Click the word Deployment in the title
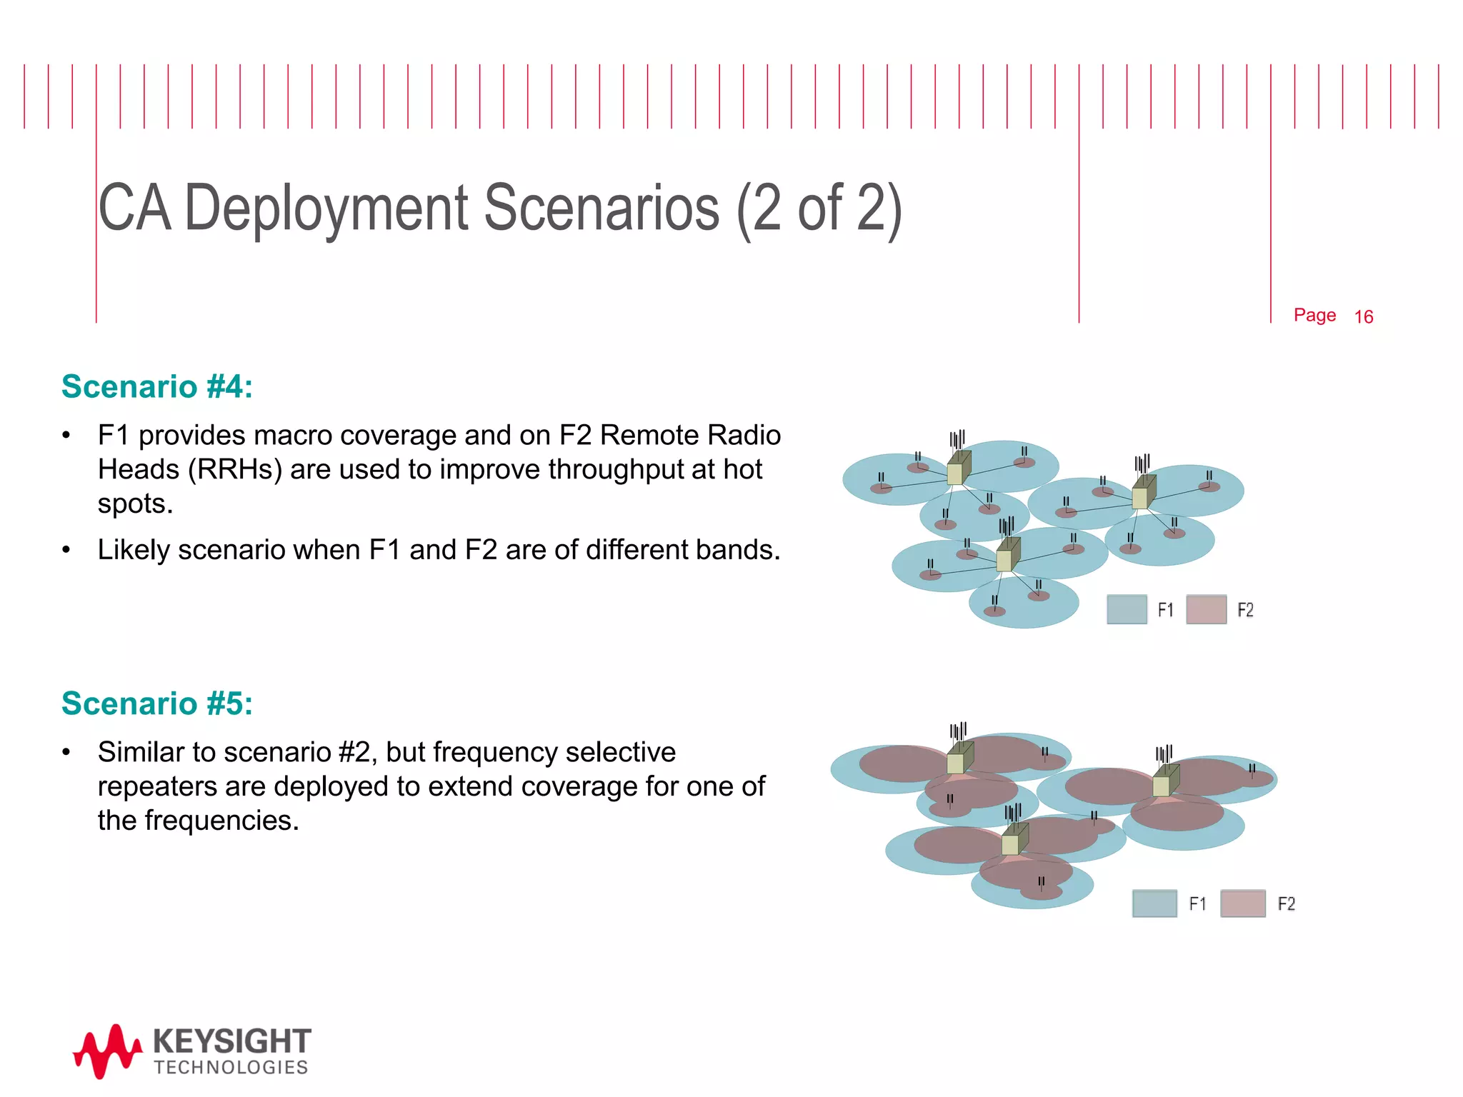tap(326, 209)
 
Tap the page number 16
tap(1363, 317)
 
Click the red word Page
tap(1314, 315)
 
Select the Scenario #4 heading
tap(157, 386)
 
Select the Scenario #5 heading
tap(157, 703)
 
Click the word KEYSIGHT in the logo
tap(231, 1042)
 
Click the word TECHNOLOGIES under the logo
tap(231, 1068)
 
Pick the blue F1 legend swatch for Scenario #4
tap(1127, 609)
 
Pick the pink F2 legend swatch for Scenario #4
tap(1206, 609)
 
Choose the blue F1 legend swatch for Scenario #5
tap(1154, 903)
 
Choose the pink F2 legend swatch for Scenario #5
tap(1243, 903)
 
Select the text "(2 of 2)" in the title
tap(819, 209)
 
